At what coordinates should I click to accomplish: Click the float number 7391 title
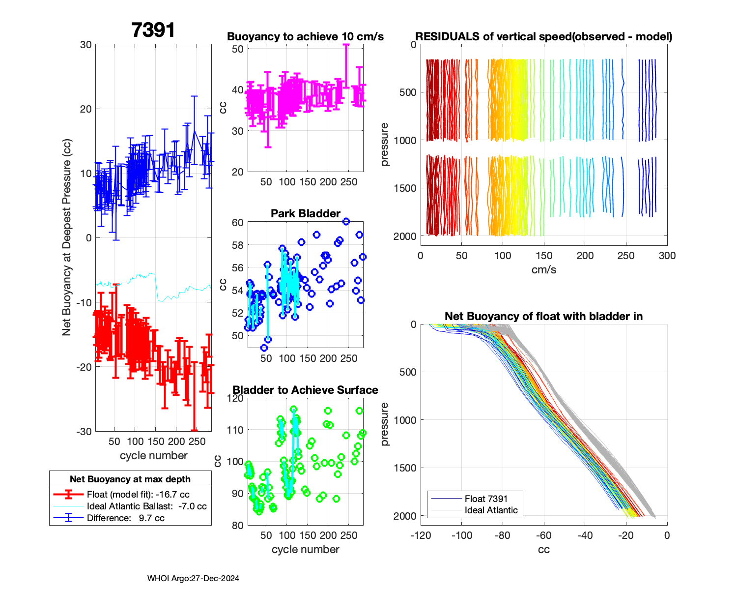153,30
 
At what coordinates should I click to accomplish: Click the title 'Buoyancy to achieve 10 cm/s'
305,37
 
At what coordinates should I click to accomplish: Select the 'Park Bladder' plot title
305,213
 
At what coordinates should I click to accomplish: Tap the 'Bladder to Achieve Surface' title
305,390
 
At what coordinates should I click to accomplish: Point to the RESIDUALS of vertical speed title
543,37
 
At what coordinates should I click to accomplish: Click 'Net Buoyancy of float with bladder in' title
543,317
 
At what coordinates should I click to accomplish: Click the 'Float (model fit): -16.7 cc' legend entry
138,495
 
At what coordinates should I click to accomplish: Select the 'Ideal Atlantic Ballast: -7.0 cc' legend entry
146,506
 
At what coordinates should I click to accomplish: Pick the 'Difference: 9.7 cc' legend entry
125,518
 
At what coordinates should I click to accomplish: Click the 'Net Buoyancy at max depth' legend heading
130,479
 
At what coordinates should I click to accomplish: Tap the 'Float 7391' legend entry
486,499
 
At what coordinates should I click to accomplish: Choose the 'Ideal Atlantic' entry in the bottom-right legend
491,510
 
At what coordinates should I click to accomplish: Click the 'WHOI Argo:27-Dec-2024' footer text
193,579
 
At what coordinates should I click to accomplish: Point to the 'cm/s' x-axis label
543,270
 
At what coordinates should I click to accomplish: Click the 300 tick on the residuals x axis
667,256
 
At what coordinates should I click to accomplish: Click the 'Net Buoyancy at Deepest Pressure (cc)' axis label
67,237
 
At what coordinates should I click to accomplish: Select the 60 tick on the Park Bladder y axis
237,223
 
